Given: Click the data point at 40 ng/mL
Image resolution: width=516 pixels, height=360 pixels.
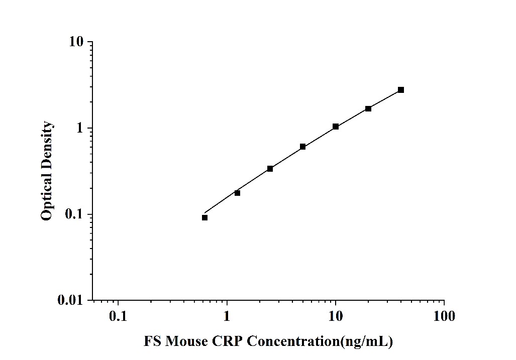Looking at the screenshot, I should (x=401, y=90).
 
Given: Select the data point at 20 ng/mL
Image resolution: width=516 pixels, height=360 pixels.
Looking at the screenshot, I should (x=368, y=108).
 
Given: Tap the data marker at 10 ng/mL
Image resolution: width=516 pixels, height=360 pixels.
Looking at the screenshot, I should (x=336, y=127).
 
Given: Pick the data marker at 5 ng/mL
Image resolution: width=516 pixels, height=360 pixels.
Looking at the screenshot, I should (x=303, y=147).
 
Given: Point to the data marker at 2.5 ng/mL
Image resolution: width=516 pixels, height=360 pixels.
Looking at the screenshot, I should (x=270, y=169).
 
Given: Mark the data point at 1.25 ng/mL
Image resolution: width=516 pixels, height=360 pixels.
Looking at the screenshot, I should (x=238, y=193).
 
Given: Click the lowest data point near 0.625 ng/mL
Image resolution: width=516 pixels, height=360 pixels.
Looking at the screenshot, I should (x=205, y=217).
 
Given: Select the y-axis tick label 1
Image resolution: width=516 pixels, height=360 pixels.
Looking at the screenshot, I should (x=79, y=128).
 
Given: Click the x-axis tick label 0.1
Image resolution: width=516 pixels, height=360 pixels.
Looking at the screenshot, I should (x=118, y=316).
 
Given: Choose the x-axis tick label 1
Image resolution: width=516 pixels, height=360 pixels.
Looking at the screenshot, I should (x=227, y=316).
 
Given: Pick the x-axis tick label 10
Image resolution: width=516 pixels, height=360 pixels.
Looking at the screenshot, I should (x=336, y=316).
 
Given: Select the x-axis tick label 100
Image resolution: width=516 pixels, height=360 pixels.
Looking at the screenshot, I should (x=444, y=316).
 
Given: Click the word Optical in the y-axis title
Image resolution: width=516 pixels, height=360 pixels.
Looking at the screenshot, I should (x=47, y=198).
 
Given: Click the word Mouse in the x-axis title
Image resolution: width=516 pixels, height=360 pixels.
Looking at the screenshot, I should (x=186, y=342).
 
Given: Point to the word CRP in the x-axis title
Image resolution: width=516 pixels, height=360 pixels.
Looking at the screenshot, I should (x=228, y=342).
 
